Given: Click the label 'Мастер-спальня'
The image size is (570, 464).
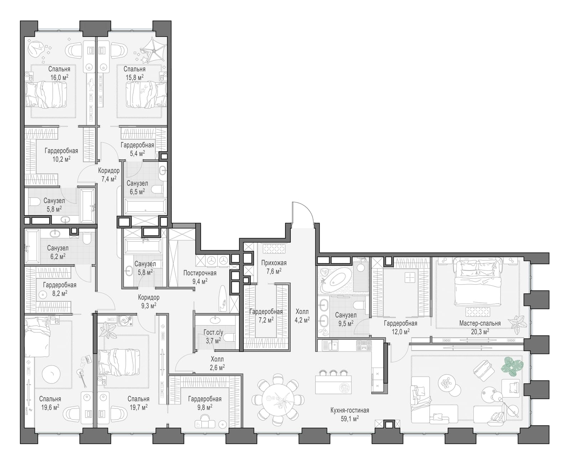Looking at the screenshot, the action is click(480, 323).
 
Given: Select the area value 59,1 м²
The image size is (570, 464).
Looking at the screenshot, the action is click(349, 419).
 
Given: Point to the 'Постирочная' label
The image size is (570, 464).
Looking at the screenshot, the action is click(199, 273).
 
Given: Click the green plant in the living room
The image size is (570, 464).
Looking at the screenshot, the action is click(512, 366).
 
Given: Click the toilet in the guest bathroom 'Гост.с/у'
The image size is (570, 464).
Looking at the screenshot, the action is click(229, 339).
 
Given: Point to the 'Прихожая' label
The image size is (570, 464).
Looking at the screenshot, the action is click(274, 263).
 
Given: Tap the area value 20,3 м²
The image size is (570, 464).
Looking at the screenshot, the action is click(480, 332).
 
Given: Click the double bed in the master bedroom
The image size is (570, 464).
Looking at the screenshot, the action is click(477, 281).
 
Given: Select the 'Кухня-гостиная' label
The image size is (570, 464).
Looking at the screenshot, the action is click(349, 410).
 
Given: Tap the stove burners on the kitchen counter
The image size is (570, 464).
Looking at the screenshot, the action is click(363, 345).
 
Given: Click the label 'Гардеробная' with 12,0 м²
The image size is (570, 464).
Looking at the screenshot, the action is click(400, 323).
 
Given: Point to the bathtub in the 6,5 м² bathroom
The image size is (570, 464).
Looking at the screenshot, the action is click(145, 207).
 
